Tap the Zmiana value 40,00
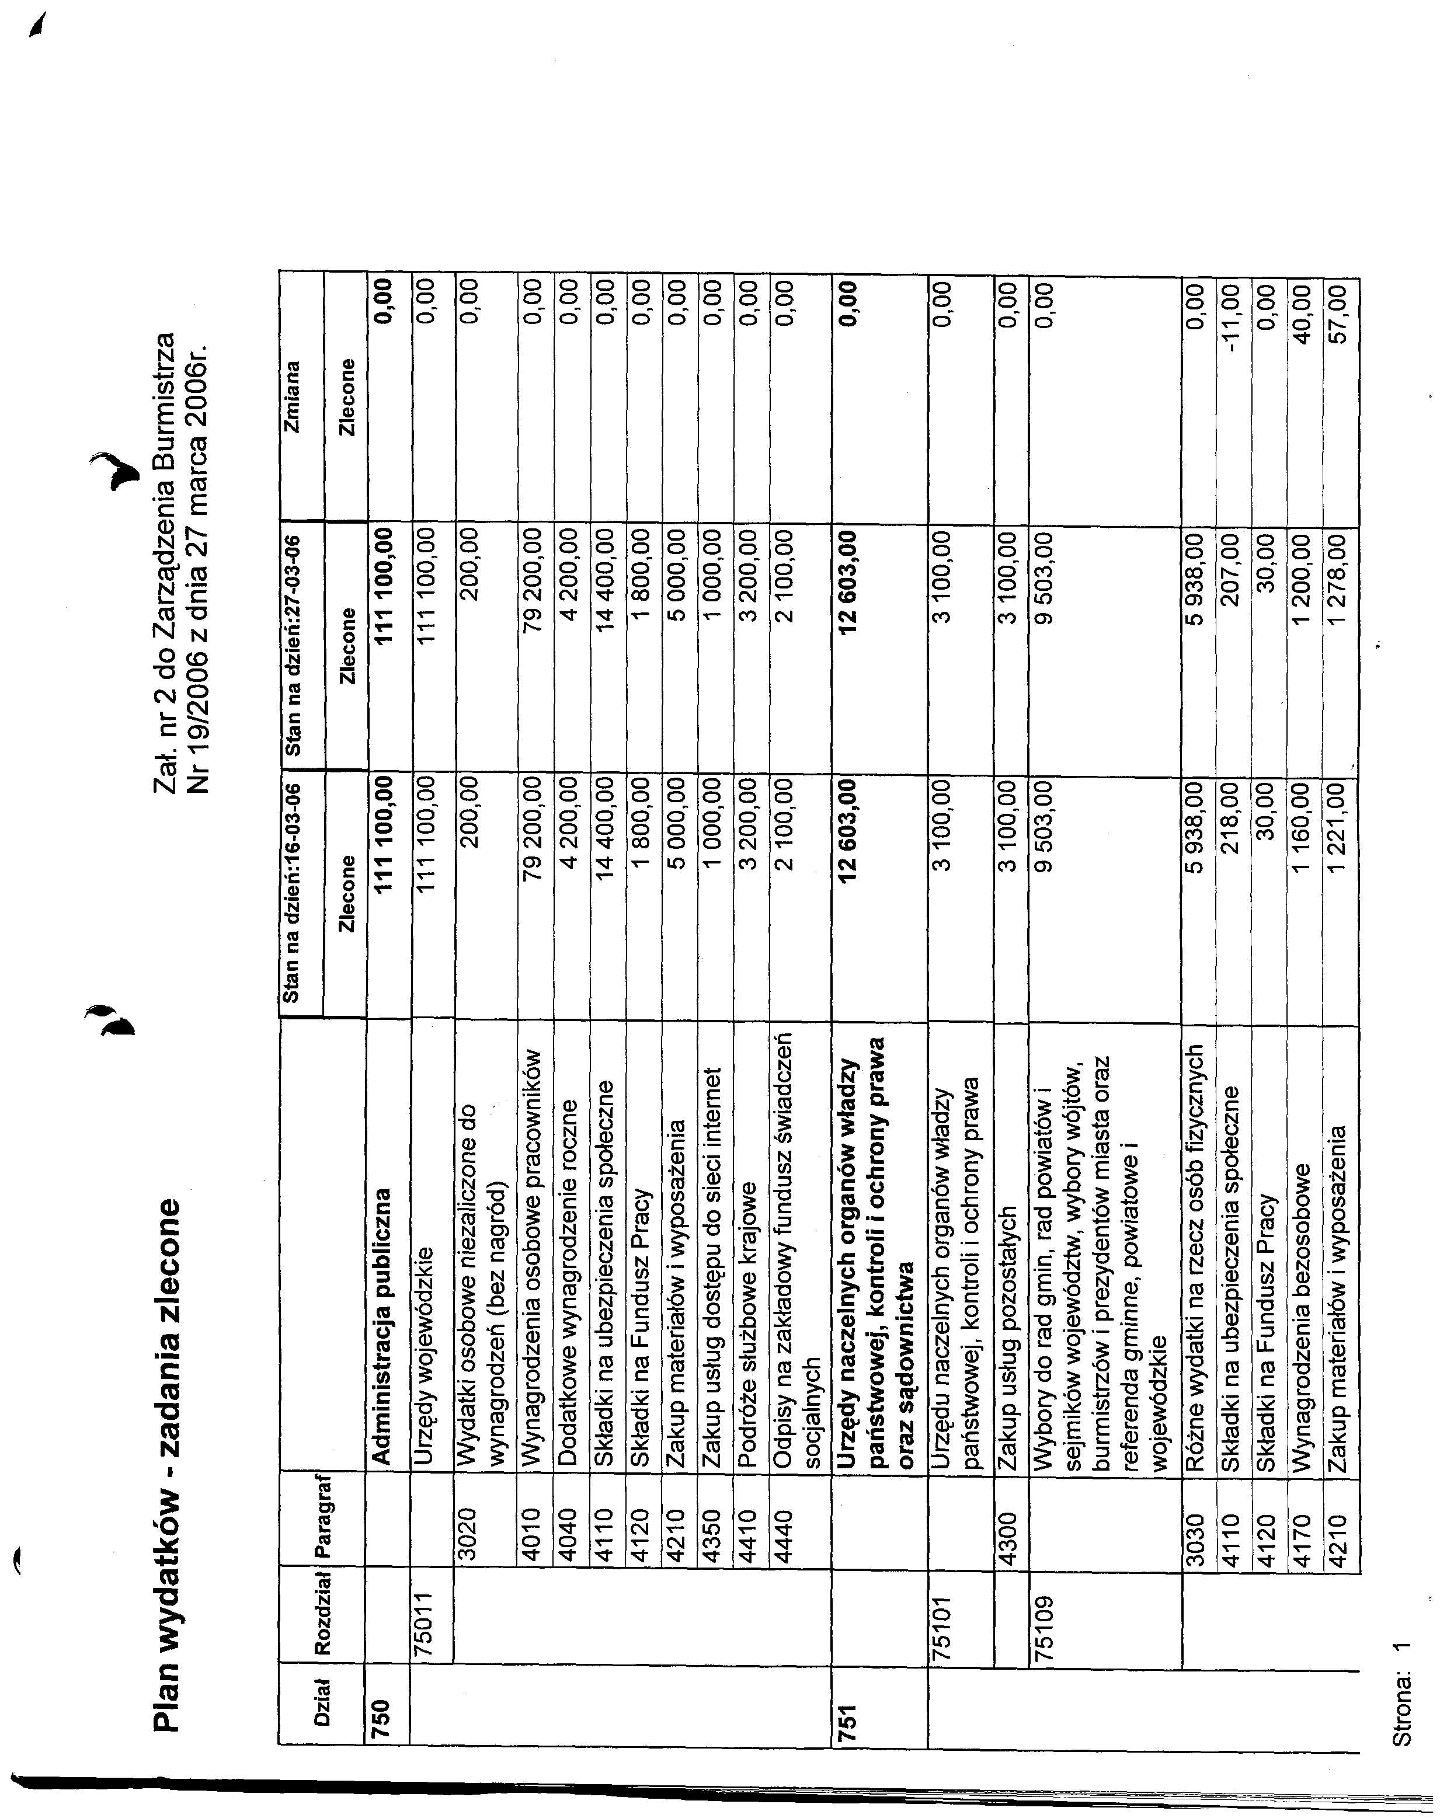tap(1303, 312)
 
